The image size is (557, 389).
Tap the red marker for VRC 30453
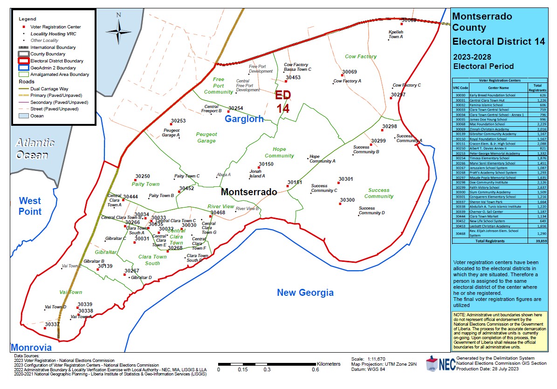coord(286,82)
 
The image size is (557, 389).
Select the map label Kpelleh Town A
coord(395,34)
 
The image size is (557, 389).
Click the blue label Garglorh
coord(244,119)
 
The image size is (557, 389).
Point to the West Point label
coord(30,206)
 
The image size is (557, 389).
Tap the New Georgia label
coord(305,293)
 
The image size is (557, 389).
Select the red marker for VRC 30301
coord(339,183)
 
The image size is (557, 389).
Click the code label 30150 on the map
coord(266,164)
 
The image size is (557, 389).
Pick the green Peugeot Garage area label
coord(206,137)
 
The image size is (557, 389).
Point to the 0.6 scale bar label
coord(316,370)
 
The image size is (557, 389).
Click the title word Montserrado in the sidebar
coord(482,17)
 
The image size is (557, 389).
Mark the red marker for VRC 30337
coord(45,328)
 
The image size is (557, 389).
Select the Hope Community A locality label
coord(322,159)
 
